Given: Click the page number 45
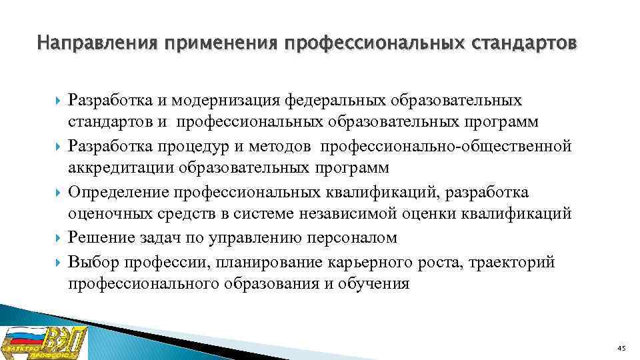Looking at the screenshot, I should [621, 349].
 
